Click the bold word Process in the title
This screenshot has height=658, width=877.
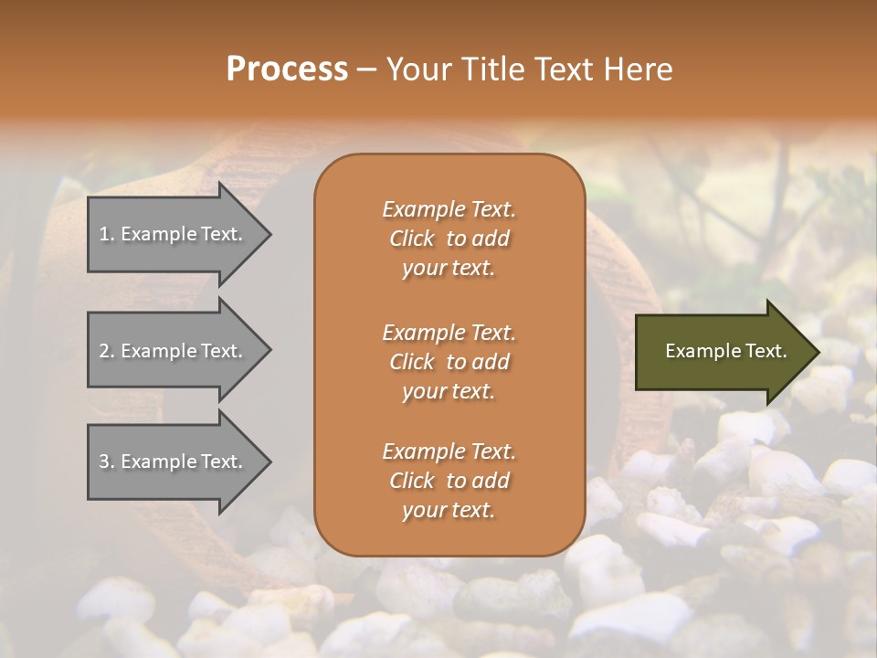coord(287,69)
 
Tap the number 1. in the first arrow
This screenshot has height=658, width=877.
coord(106,234)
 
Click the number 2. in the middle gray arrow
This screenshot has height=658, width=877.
coord(107,351)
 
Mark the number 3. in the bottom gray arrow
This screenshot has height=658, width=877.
coord(107,462)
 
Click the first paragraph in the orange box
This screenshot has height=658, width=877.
coord(449,239)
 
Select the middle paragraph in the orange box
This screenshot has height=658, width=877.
coord(449,362)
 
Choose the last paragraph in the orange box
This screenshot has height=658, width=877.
coord(449,481)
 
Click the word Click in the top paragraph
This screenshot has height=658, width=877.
coord(411,239)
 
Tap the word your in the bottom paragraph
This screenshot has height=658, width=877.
coord(421,511)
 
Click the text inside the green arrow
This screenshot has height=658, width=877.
coord(726,351)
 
